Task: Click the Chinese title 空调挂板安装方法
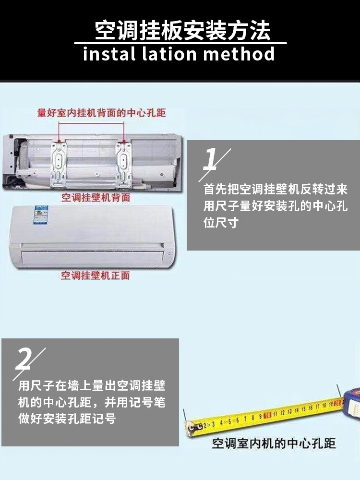tap(182, 30)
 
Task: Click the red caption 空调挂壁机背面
tap(96, 197)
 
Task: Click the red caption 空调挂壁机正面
tap(95, 276)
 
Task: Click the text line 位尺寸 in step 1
tap(221, 224)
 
